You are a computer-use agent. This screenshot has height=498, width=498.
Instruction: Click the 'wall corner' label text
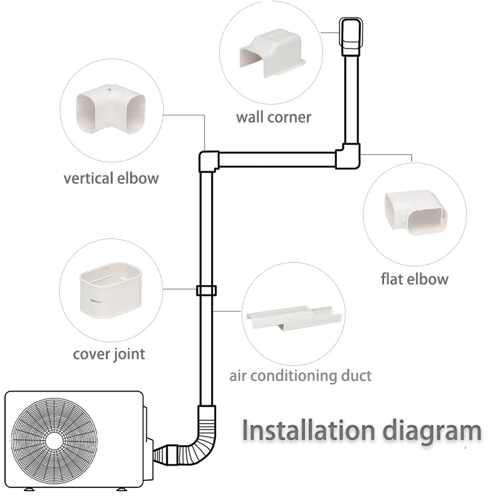(273, 116)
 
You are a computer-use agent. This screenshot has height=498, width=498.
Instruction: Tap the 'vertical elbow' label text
(111, 179)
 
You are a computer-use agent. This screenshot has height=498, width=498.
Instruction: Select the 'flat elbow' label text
(414, 278)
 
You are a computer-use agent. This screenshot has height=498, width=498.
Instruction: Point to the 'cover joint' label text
(109, 354)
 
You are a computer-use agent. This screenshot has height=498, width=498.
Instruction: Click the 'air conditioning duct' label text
(300, 376)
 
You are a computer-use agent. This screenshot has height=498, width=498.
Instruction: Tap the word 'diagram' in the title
(425, 431)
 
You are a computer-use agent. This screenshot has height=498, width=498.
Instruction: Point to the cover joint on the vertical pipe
(205, 291)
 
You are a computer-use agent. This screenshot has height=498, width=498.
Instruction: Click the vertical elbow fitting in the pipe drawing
(209, 161)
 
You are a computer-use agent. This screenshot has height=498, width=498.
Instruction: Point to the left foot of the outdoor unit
(27, 488)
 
